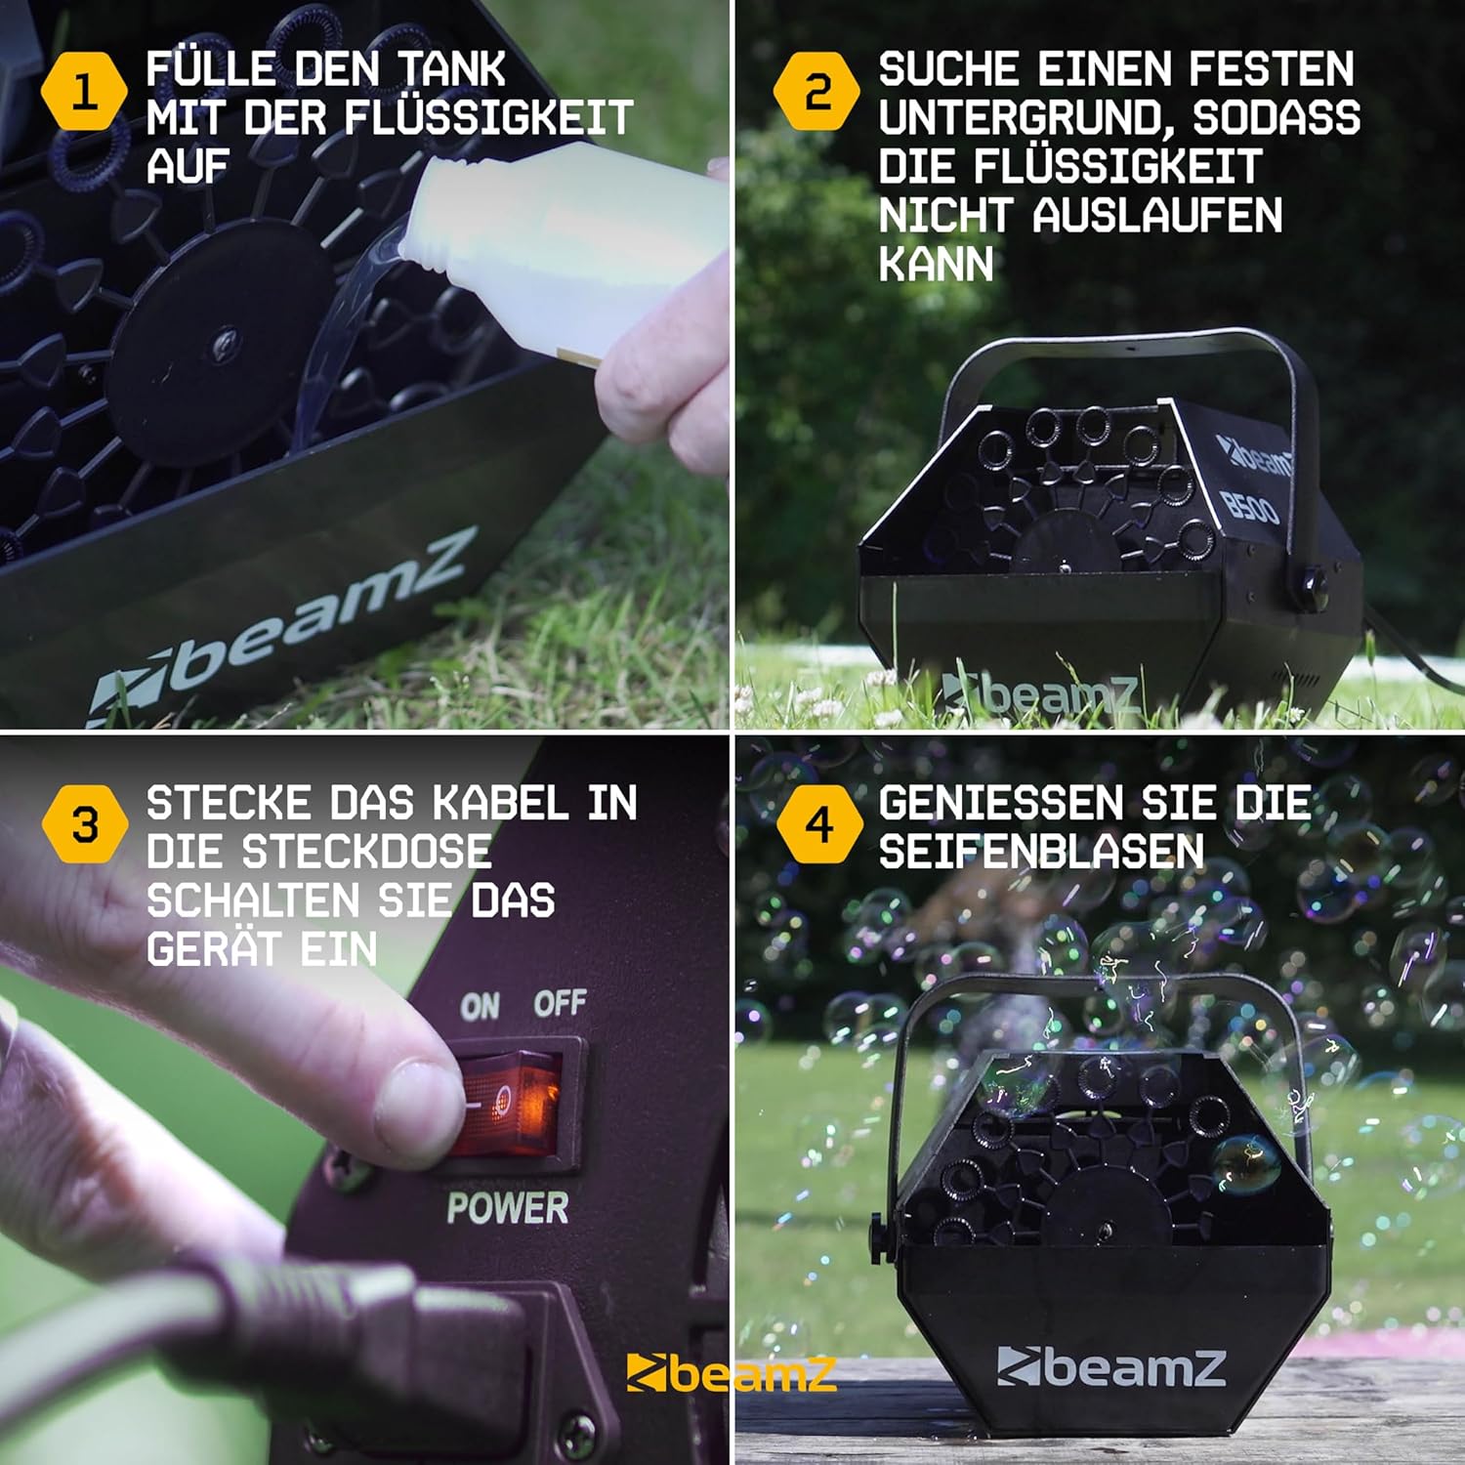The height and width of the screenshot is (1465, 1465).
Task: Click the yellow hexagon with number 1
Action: pos(84,92)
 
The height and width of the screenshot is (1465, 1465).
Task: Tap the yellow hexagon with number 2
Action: pos(816,92)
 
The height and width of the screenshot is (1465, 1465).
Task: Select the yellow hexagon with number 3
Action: pos(85,824)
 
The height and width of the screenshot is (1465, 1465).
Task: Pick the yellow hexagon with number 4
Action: pos(819,824)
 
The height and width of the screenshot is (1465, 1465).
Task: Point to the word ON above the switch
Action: pos(480,1006)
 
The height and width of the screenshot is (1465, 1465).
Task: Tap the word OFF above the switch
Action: pos(560,1002)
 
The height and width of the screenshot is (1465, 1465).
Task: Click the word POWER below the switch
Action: pos(508,1208)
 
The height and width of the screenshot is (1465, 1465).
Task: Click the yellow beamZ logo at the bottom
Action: pos(731,1373)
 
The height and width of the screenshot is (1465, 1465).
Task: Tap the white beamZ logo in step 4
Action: pos(1110,1365)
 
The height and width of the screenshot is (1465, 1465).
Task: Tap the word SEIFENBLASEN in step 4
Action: pos(1041,852)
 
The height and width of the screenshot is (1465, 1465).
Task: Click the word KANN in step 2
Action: pos(936,264)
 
